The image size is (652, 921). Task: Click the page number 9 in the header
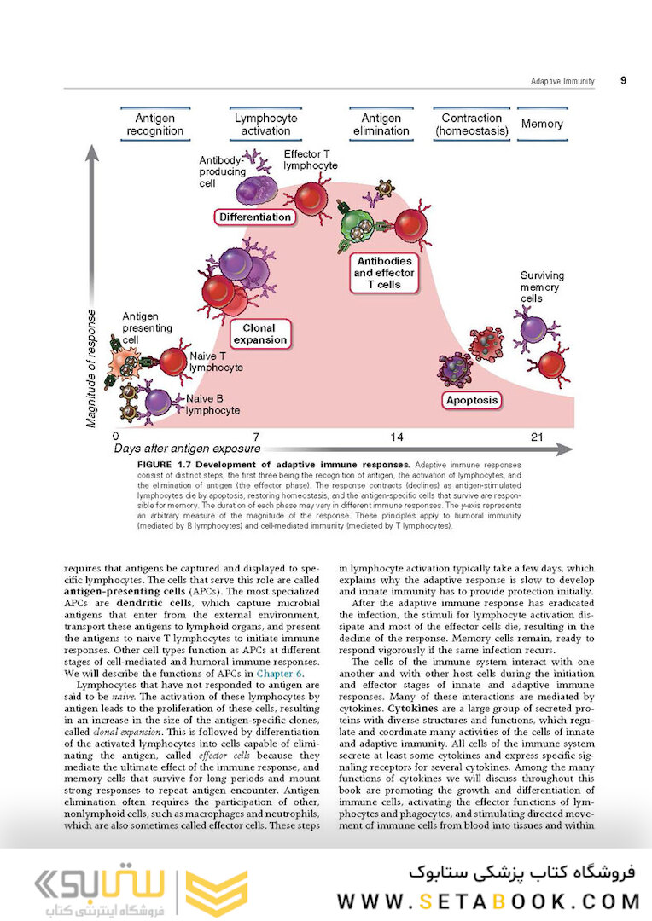(623, 80)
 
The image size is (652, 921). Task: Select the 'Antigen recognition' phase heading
(154, 125)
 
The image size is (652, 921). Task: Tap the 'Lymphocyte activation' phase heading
(265, 125)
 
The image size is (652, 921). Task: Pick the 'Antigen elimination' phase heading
(381, 125)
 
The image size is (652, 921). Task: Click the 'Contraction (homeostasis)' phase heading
(472, 125)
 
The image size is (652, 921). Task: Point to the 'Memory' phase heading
(542, 124)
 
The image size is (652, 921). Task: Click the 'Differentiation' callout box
(254, 217)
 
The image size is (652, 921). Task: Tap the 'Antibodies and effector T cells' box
(384, 273)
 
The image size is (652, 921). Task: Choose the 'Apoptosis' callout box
(472, 399)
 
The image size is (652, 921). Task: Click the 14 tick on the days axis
(397, 437)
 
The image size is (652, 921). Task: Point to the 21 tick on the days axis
(537, 437)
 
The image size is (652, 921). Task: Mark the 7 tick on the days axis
(256, 437)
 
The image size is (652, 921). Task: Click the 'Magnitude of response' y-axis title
(91, 368)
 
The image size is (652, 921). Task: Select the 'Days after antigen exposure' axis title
(188, 449)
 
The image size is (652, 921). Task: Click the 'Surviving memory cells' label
(542, 287)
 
